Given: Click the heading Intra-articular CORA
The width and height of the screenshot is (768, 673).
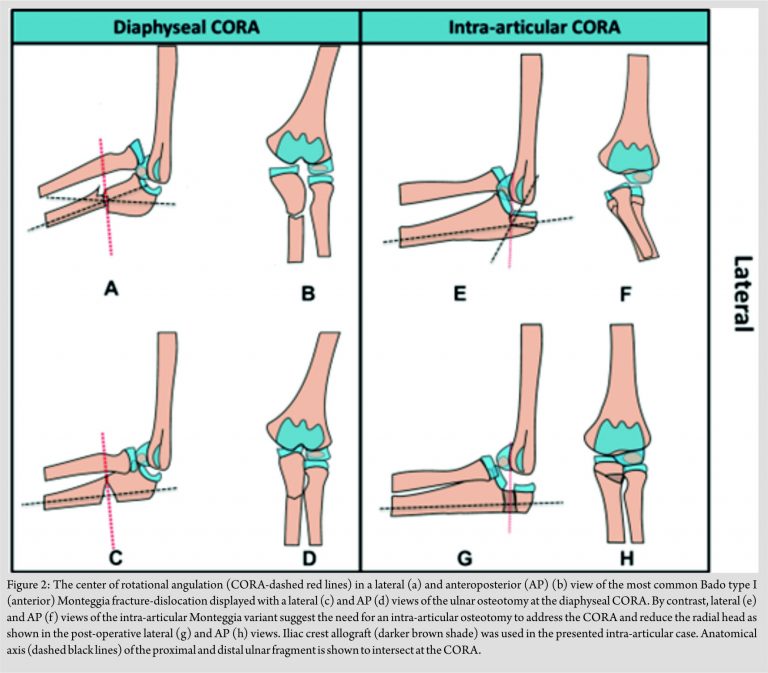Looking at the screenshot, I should point(535,27).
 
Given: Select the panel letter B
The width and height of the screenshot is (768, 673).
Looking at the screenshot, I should point(308,292).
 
